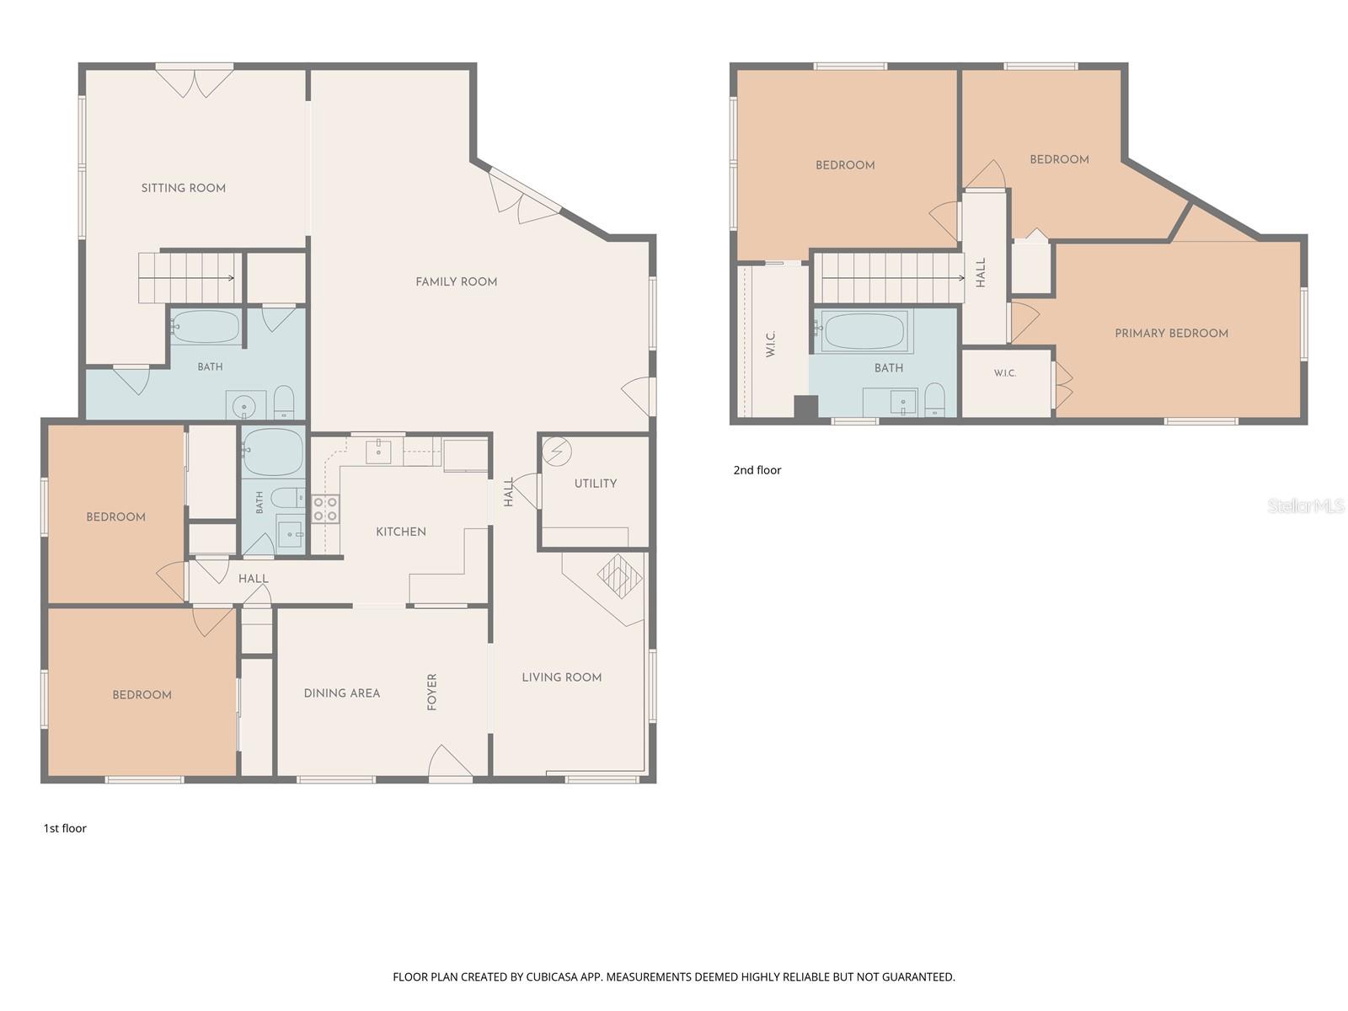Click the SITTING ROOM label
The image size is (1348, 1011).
point(183,188)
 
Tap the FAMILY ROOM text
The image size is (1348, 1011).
point(456,281)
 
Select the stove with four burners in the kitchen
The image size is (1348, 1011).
point(325,509)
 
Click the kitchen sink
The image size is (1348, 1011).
point(378,452)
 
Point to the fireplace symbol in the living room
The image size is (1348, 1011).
point(619,575)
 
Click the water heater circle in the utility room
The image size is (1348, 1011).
point(557,452)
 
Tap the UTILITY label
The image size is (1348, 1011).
point(595,483)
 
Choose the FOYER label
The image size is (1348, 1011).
point(431,692)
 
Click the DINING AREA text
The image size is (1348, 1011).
point(341,693)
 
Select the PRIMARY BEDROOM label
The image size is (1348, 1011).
point(1171,334)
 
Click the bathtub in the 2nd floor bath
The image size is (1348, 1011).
point(864,331)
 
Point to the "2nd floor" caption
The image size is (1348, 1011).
point(757,470)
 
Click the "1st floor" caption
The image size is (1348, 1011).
point(65,828)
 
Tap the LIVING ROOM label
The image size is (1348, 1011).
point(561,677)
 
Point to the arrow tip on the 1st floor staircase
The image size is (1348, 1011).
point(233,278)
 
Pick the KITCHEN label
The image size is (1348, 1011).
point(400,532)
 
